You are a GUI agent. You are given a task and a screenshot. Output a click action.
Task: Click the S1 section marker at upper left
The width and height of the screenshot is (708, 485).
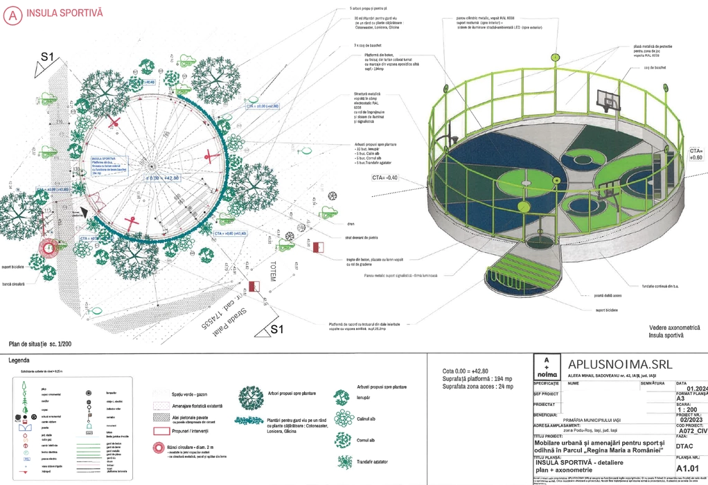(46, 57)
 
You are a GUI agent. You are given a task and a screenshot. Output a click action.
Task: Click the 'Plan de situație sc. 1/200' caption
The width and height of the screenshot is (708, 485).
(40, 344)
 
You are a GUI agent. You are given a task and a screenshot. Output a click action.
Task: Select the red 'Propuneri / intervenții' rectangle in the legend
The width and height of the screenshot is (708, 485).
(161, 430)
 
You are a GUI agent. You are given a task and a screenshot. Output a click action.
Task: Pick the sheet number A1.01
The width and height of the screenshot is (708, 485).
(689, 468)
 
